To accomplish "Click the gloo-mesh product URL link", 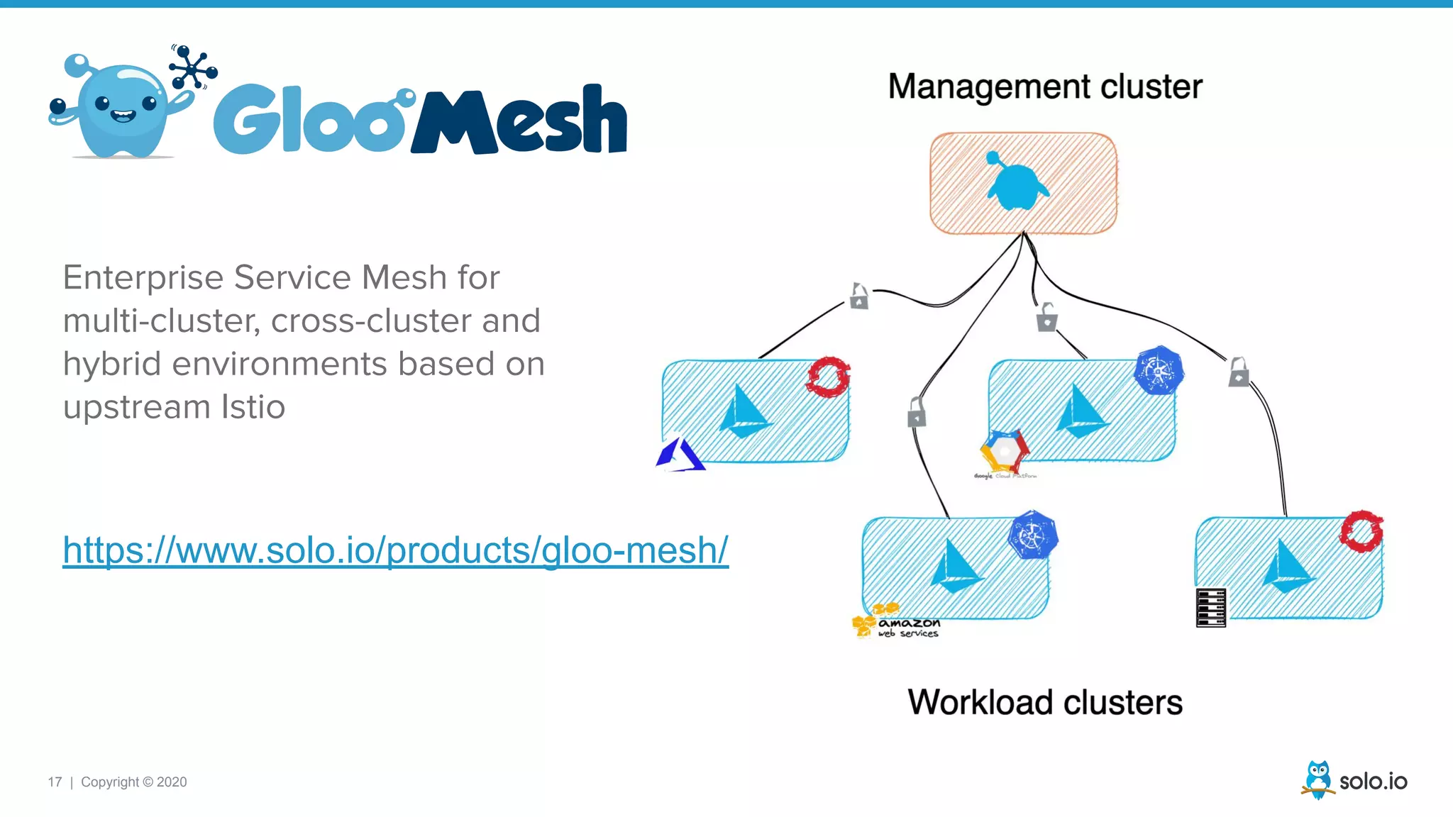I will pos(395,550).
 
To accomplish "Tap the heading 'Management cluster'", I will pos(1044,87).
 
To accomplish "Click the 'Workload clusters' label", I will pos(1044,702).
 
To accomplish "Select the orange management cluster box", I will pos(1023,183).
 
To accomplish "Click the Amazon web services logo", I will pos(895,622).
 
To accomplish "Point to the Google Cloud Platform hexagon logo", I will pos(1004,451).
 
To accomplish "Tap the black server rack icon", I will pos(1210,608).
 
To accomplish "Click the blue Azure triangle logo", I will pos(680,456).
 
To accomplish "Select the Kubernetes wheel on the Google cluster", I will pos(1158,371).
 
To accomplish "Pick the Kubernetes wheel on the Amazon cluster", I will pos(1033,535).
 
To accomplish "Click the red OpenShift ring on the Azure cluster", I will pos(828,377).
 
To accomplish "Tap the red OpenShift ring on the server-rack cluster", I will pos(1361,530).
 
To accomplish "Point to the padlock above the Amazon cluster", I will pos(917,412).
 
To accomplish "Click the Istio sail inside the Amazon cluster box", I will pos(956,567).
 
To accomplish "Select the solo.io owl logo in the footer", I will pos(1317,779).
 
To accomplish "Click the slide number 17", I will pos(55,782).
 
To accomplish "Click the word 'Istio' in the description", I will pos(253,407).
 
